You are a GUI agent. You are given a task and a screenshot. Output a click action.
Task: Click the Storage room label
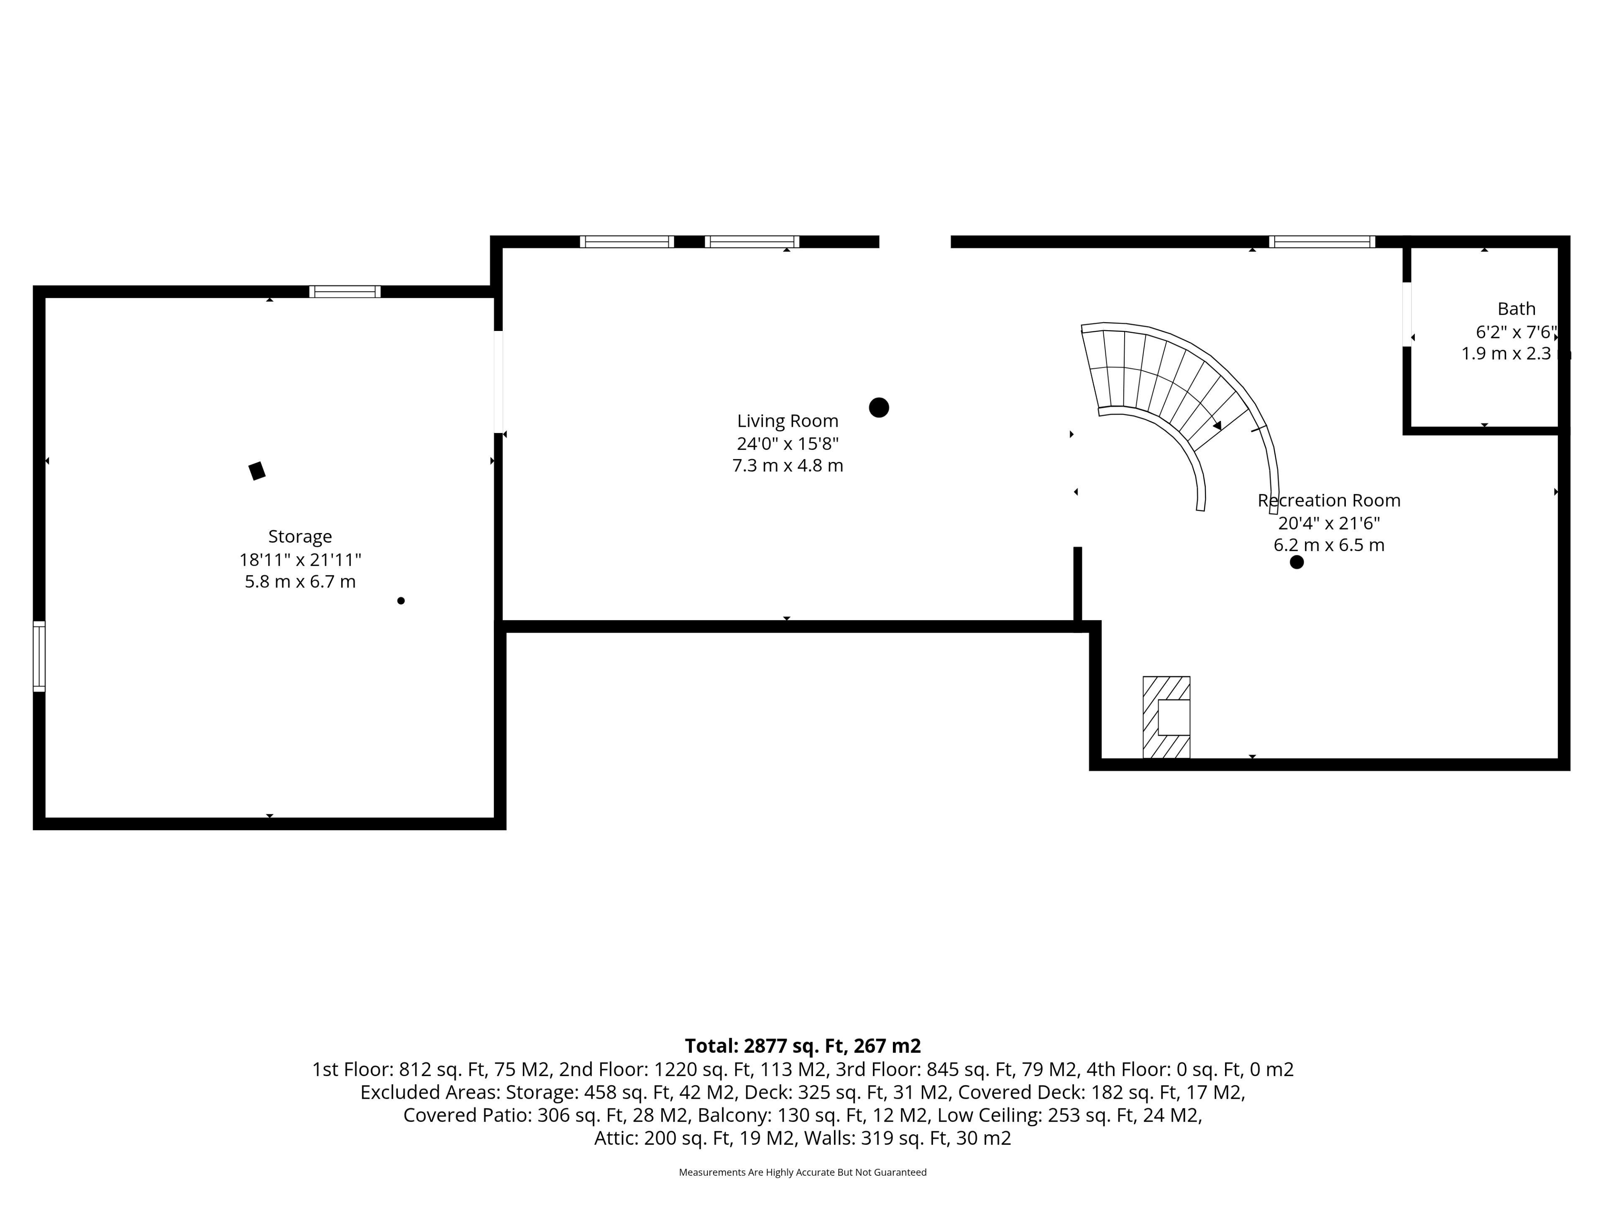tap(300, 537)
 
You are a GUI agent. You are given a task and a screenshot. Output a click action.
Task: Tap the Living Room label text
tap(788, 421)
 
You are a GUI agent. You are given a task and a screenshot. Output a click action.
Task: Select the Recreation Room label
tap(1329, 500)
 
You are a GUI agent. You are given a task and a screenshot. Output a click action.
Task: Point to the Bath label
tap(1516, 309)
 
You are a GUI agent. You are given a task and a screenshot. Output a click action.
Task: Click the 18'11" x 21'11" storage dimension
tap(300, 559)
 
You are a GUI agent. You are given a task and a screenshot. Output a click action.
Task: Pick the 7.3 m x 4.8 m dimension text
tap(788, 466)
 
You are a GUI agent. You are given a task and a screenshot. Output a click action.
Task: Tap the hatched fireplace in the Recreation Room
tap(1166, 717)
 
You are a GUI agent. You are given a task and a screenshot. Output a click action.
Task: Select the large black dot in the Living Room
tap(879, 408)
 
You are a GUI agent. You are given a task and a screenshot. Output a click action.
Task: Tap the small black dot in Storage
tap(401, 601)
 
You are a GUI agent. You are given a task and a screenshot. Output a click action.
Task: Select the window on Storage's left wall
tap(39, 656)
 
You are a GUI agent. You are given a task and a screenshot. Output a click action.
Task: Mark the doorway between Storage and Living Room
tap(498, 382)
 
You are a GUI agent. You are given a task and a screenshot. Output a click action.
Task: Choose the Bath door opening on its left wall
tap(1407, 315)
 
